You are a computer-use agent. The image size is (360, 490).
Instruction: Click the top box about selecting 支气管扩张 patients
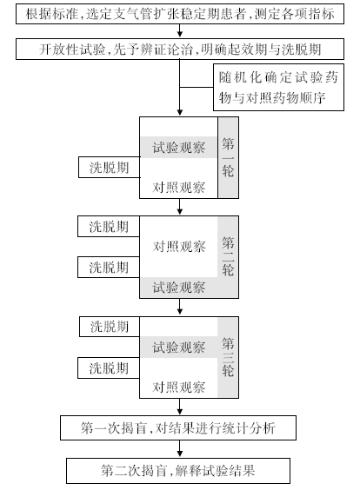point(180,14)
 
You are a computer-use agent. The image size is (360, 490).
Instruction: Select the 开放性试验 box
point(180,49)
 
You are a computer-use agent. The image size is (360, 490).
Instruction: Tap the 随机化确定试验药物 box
point(278,87)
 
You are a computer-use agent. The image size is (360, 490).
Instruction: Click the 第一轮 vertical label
point(228,158)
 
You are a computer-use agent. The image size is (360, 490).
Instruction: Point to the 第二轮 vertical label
point(228,256)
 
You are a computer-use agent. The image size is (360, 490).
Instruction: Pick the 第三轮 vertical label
point(228,357)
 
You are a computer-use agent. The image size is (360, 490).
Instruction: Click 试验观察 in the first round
point(178,148)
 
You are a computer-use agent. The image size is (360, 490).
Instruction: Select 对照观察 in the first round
point(178,187)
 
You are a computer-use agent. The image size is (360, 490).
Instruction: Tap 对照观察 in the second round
point(179,247)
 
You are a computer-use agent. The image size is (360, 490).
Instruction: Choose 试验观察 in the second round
point(178,288)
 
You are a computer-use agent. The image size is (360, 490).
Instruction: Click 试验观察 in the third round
point(178,348)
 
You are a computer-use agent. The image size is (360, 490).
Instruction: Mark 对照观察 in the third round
point(178,387)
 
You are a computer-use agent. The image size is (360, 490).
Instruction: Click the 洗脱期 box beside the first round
point(110,168)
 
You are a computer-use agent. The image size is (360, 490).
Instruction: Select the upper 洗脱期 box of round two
point(109,226)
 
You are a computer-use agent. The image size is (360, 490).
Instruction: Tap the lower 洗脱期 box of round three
point(109,367)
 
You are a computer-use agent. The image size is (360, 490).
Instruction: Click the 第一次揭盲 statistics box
point(178,427)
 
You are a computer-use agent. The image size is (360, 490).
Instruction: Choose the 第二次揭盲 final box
point(178,471)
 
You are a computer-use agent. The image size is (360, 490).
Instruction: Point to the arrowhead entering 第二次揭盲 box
point(179,454)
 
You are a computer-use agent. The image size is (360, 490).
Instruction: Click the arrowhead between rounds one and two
point(179,212)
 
